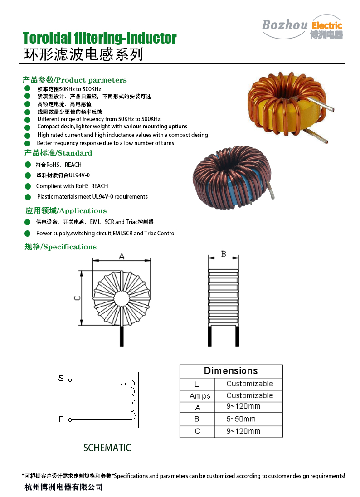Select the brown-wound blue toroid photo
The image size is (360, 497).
(233, 177)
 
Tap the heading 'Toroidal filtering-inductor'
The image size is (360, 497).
(99, 39)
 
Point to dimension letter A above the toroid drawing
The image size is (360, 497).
(122, 256)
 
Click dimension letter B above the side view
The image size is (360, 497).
(224, 254)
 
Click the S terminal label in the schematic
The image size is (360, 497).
(61, 378)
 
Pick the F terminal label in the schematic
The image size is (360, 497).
(61, 419)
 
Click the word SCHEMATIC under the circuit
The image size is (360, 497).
(107, 448)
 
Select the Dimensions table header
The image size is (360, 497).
(231, 371)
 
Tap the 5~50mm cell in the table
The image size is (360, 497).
(241, 419)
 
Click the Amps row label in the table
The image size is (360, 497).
(200, 396)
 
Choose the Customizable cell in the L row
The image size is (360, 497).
(250, 384)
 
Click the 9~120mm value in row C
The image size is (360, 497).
(243, 431)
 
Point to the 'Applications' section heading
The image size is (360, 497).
(66, 211)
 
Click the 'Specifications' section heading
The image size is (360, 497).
(60, 247)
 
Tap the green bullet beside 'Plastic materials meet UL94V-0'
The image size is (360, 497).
(28, 197)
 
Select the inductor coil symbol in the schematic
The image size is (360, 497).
(132, 400)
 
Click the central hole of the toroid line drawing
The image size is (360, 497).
(122, 298)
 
